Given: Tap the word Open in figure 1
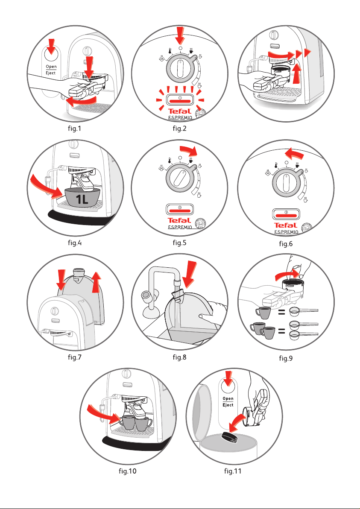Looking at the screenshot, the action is [52, 67].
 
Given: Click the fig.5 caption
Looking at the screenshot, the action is [180, 243].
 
